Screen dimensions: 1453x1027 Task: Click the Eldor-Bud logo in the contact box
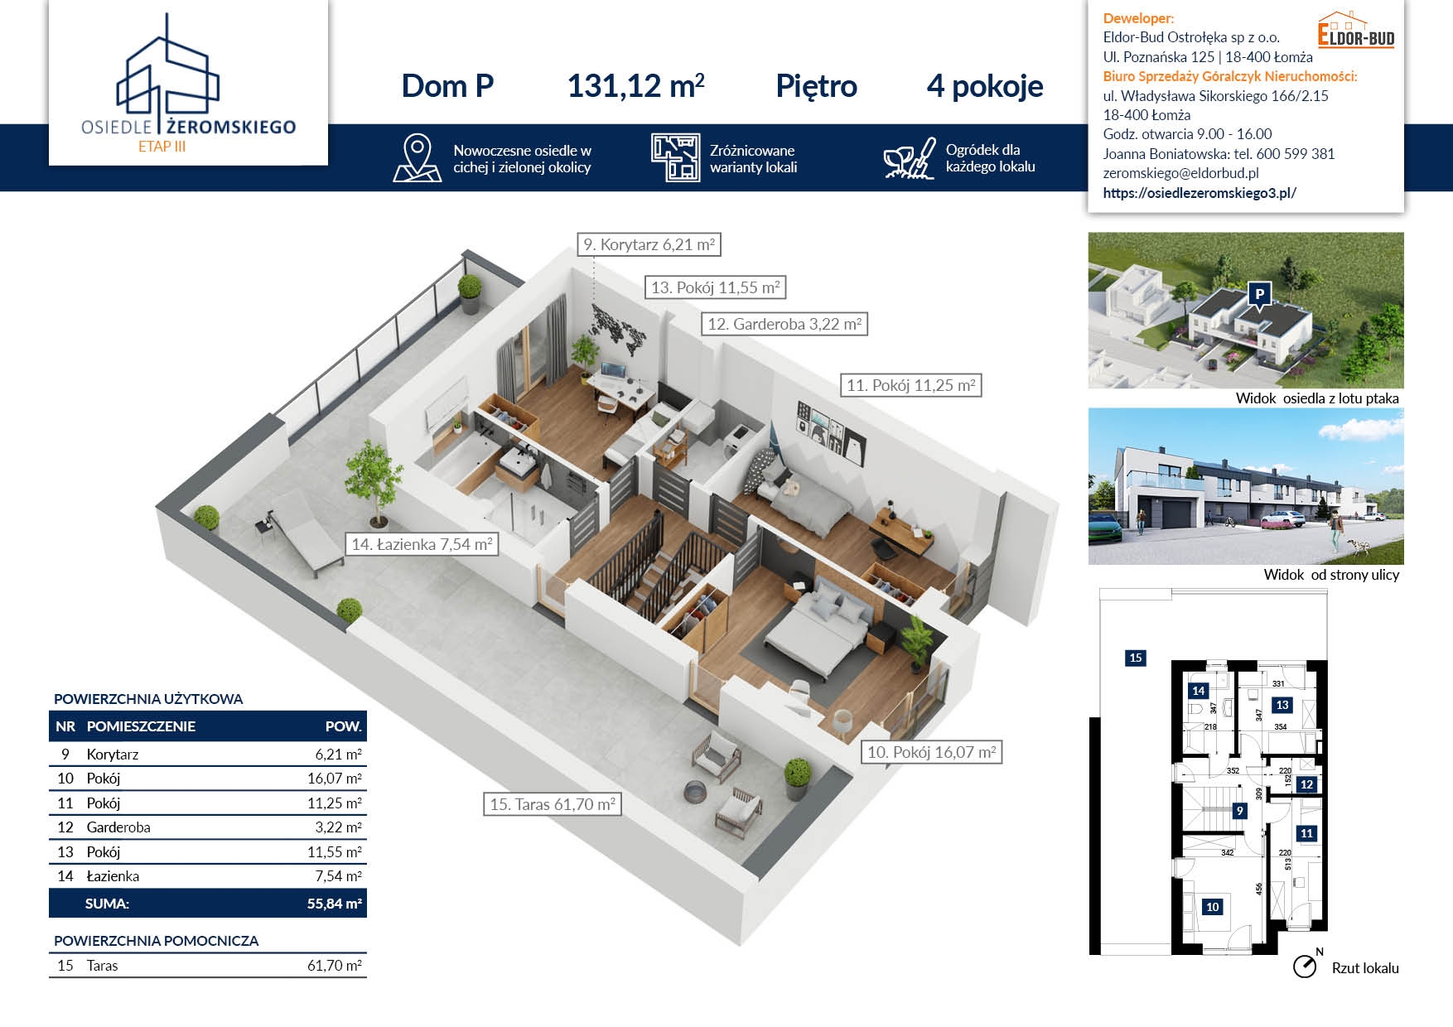pos(1356,30)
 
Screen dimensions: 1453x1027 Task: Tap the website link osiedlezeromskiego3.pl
pos(1200,193)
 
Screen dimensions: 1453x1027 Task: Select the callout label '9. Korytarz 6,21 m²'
pos(649,244)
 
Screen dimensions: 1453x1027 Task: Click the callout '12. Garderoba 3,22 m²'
pos(784,324)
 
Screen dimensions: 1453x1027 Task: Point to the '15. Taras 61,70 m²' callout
pos(553,804)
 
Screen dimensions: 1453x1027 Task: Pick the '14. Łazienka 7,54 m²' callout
pos(422,544)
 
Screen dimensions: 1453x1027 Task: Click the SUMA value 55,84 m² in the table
pos(334,904)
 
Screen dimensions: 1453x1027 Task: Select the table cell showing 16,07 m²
pos(334,779)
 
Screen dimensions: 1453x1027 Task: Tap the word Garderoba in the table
pos(118,827)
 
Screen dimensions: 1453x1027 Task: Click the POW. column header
pos(343,726)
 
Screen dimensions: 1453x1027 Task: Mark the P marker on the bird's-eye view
pos(1259,296)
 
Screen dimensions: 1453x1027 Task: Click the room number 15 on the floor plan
pos(1135,658)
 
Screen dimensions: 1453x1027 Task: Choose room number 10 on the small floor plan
pos(1212,907)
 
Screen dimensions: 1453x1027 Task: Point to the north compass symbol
pos(1306,965)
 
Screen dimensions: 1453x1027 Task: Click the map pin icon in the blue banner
pos(417,157)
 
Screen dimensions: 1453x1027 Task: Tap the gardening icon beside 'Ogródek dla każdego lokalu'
pos(909,158)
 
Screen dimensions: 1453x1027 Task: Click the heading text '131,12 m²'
pos(635,86)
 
